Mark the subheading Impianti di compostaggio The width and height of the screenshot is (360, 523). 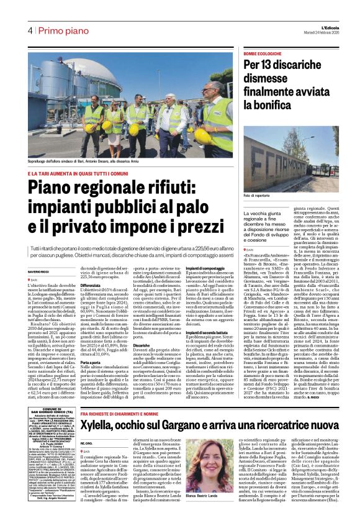click(202, 267)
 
